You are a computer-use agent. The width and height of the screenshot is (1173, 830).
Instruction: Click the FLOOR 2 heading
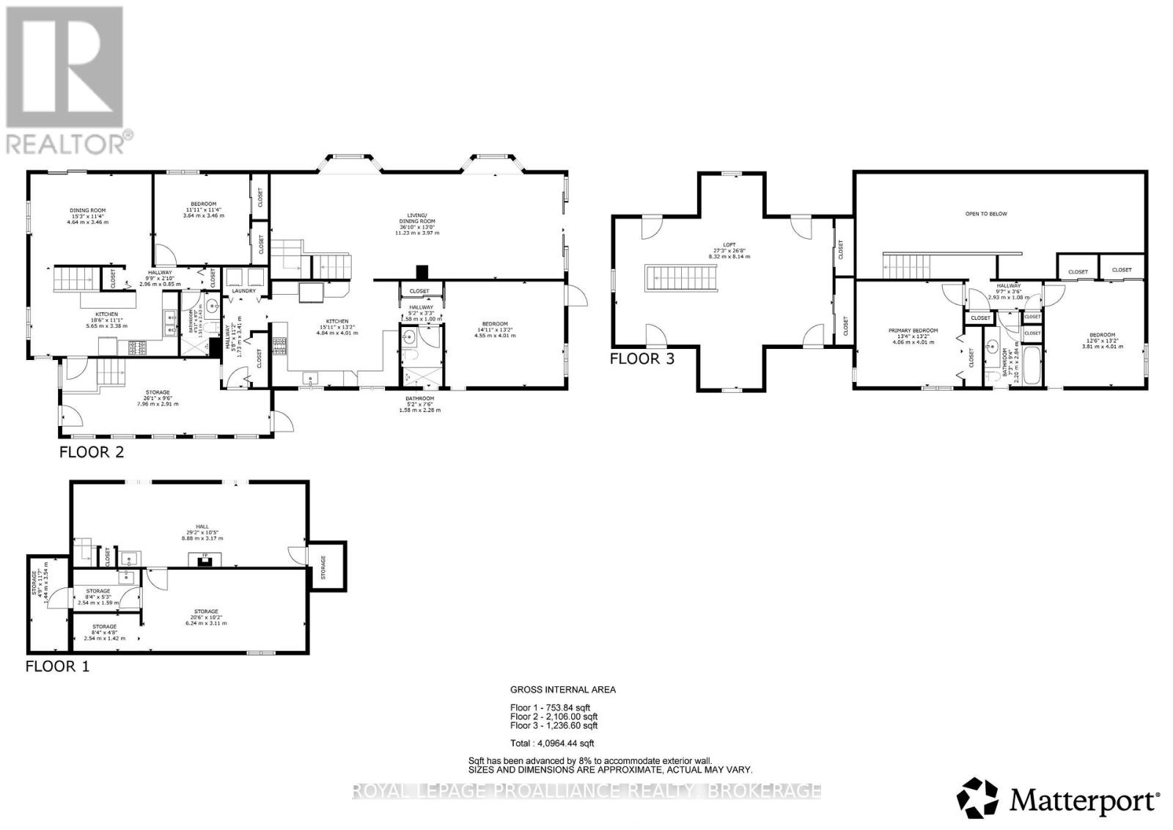pos(91,452)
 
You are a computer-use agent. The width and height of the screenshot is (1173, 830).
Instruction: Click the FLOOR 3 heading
pos(641,359)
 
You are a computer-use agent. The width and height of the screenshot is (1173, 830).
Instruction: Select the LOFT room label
pos(728,245)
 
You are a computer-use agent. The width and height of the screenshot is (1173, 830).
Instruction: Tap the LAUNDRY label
pos(243,291)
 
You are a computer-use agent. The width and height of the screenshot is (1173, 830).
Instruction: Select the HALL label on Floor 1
pos(202,526)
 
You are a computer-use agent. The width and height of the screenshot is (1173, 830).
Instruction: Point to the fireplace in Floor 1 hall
pos(203,561)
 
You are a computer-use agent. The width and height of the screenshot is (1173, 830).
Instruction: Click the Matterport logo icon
pos(978,798)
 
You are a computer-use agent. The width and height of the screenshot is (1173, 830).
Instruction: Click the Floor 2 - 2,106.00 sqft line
pos(554,716)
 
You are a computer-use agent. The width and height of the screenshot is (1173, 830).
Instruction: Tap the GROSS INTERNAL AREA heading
pos(562,689)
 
